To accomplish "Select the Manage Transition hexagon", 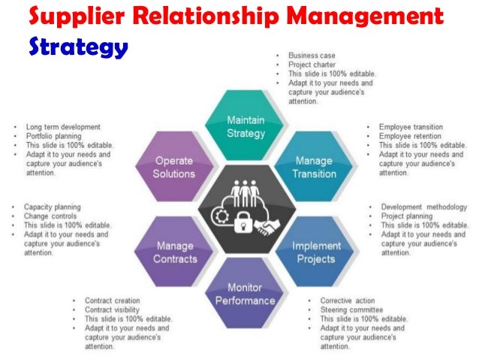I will coord(313,167).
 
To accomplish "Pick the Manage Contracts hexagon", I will coord(176,252).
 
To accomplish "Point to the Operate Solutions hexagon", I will coord(174,167).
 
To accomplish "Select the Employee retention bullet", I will coord(411,136).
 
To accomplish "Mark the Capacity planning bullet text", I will coord(52,207).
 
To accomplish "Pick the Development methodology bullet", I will coord(423,207).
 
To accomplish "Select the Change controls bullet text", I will coord(49,216).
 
